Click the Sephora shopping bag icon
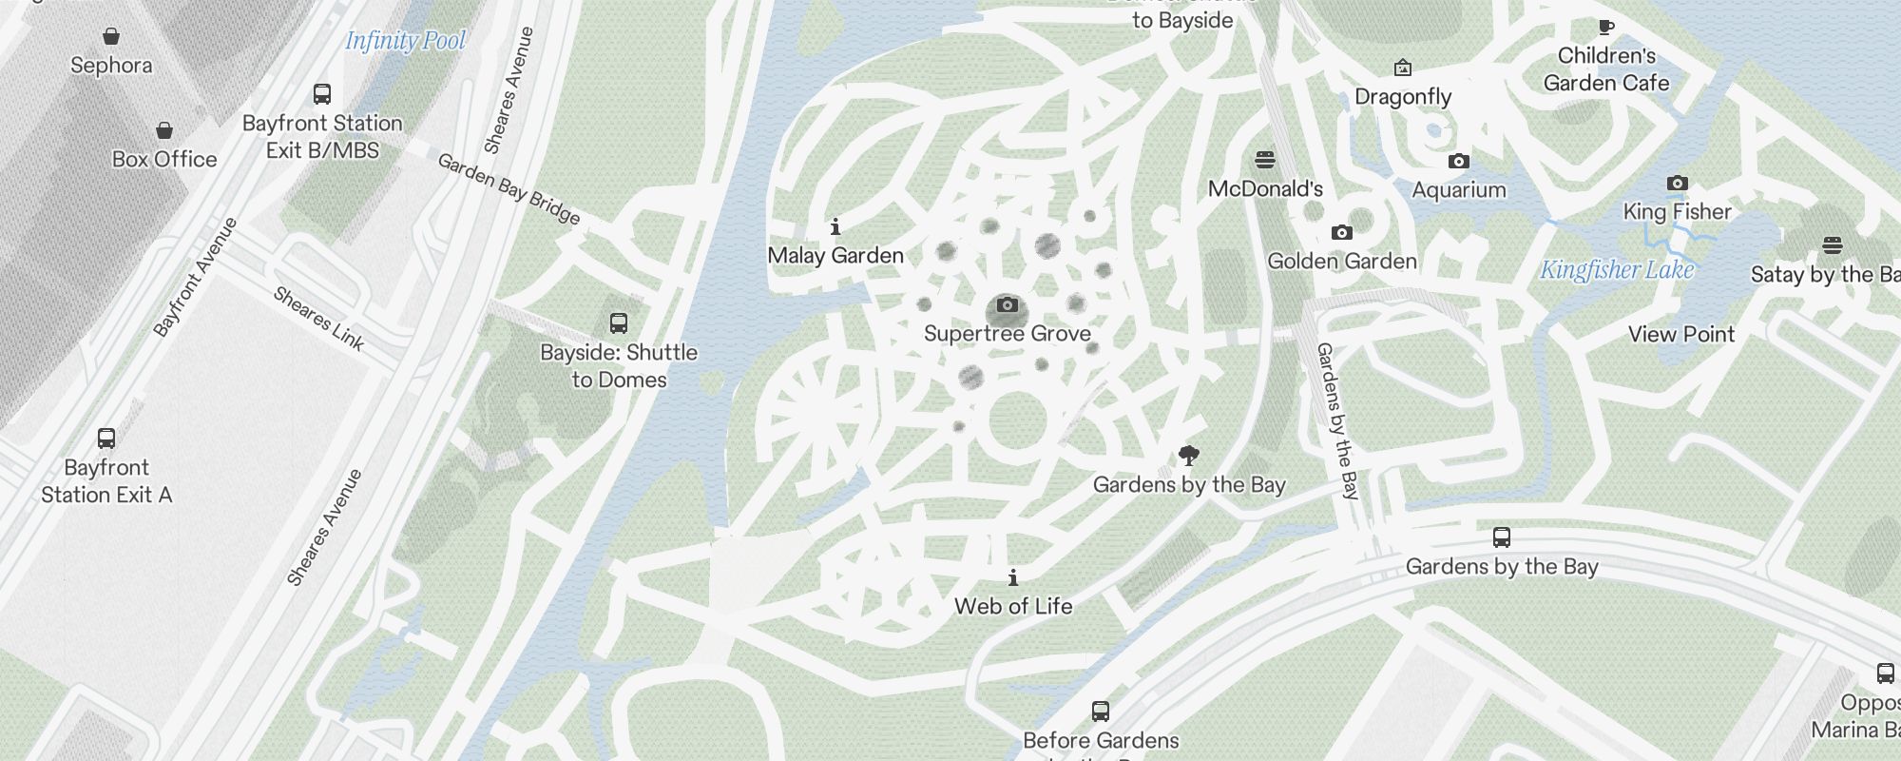pos(111,37)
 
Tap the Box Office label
pos(164,159)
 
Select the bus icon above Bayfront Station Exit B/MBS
pos(322,94)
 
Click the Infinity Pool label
pos(405,41)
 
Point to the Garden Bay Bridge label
pos(509,189)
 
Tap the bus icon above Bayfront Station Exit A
pos(106,439)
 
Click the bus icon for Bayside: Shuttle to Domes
pos(619,323)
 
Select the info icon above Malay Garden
pos(835,226)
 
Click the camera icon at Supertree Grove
pos(1008,305)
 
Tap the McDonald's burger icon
pos(1265,160)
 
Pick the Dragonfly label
pos(1403,96)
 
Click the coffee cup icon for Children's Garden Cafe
pos(1605,27)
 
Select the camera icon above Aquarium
pos(1459,162)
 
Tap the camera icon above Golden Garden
pos(1341,232)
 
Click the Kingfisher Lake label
pos(1617,270)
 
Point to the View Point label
pos(1681,334)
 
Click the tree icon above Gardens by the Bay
pos(1188,456)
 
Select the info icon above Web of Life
pos(1013,577)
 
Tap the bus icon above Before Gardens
pos(1101,711)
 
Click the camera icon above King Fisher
pos(1678,183)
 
